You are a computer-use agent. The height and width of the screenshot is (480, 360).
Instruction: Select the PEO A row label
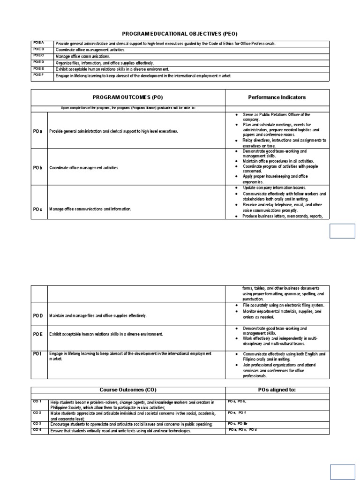[38, 43]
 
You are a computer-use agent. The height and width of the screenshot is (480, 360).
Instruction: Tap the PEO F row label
[38, 75]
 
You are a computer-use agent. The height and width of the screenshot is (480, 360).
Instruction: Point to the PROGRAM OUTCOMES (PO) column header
[127, 97]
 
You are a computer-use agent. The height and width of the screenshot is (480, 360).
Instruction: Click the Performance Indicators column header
[277, 97]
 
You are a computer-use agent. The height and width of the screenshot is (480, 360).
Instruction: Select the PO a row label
[38, 132]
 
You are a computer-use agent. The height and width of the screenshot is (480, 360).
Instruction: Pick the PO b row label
[38, 167]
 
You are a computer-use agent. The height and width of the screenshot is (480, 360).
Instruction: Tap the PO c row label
[38, 209]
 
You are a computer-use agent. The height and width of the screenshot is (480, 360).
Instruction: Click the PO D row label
[38, 315]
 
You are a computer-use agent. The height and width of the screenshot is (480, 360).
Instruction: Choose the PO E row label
[38, 334]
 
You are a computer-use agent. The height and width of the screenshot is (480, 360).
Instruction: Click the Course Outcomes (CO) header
[127, 390]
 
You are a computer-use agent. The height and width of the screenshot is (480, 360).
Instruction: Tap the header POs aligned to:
[277, 390]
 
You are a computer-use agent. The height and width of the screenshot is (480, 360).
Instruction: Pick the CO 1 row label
[37, 402]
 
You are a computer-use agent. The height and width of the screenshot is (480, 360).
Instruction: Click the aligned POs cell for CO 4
[242, 430]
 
